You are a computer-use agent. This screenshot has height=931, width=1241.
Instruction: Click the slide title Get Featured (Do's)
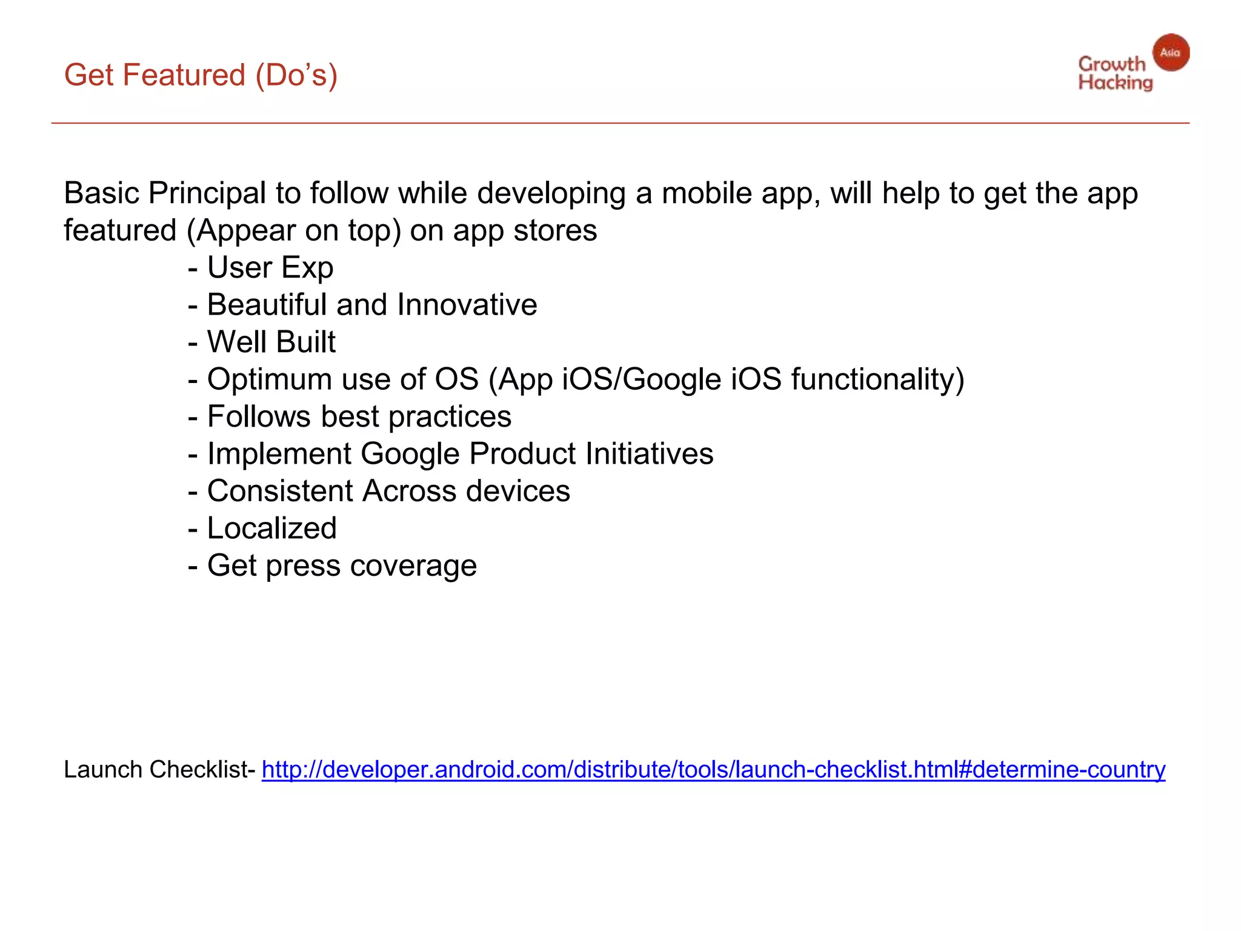201,76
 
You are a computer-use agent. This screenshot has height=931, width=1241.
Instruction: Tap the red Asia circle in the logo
1170,53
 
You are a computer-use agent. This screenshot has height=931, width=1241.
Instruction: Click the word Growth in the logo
1111,64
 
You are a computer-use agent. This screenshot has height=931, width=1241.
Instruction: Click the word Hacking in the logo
1115,82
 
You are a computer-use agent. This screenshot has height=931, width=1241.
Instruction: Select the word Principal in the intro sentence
207,194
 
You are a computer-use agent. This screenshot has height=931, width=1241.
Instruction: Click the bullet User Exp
270,268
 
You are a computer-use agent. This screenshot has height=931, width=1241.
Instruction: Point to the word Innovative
467,305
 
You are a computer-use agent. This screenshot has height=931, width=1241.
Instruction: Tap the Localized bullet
271,529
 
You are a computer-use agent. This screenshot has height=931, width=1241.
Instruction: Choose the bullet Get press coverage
342,566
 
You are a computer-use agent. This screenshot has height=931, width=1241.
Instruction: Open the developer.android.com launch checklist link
713,770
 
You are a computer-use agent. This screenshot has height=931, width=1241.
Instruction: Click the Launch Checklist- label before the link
160,770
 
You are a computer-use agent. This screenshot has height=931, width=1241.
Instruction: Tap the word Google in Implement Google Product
410,454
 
